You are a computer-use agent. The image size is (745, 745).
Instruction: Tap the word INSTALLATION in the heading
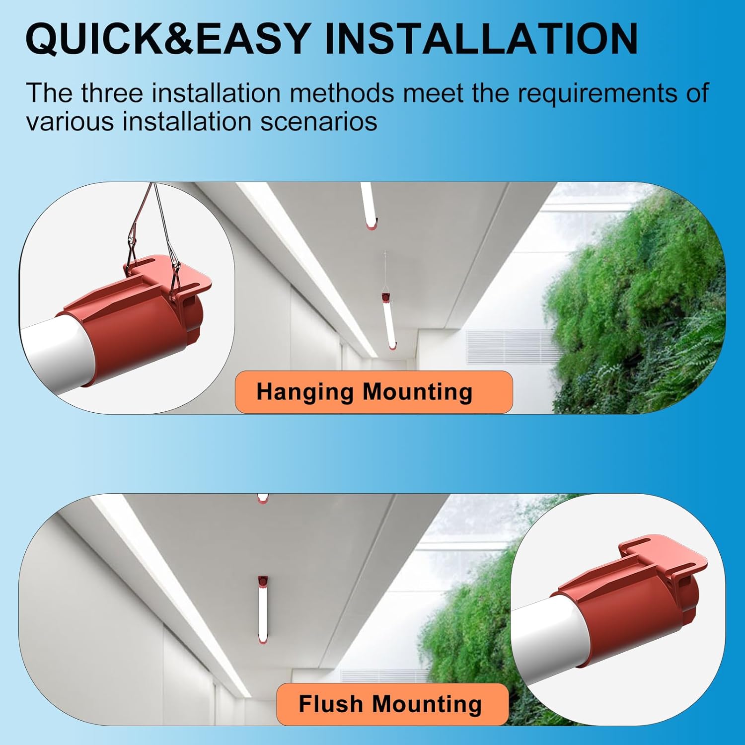click(x=481, y=38)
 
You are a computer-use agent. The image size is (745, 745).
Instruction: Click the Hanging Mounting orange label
click(x=373, y=392)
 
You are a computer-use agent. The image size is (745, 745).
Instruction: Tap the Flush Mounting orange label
click(x=392, y=704)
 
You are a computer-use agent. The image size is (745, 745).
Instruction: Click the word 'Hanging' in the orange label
click(x=305, y=392)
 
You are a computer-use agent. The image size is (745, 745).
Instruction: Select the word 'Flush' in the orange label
click(x=331, y=704)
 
